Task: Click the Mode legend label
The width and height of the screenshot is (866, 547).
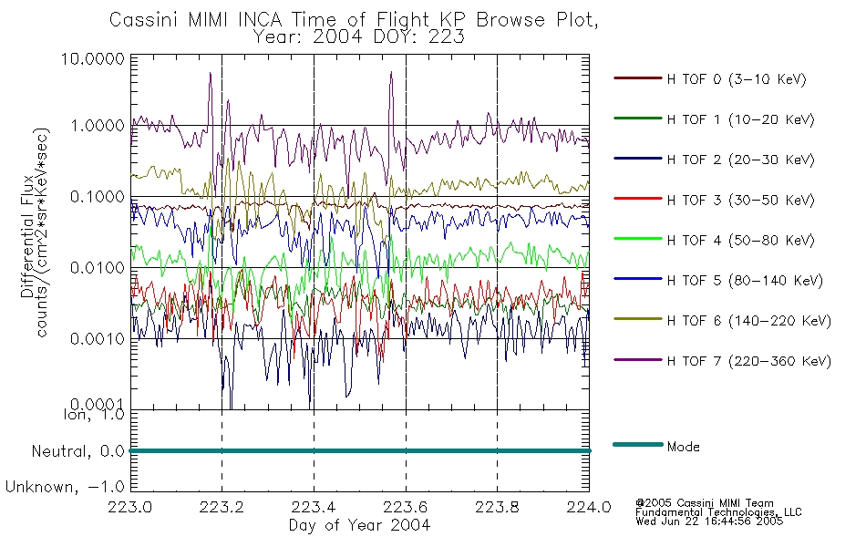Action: tap(683, 447)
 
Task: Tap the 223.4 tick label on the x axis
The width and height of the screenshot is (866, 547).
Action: tap(314, 508)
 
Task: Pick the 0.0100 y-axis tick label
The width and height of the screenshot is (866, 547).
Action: tap(98, 268)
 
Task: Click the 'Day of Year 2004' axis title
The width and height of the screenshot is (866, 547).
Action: tap(359, 525)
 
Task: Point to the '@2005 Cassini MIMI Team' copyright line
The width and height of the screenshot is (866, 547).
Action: tap(704, 502)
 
